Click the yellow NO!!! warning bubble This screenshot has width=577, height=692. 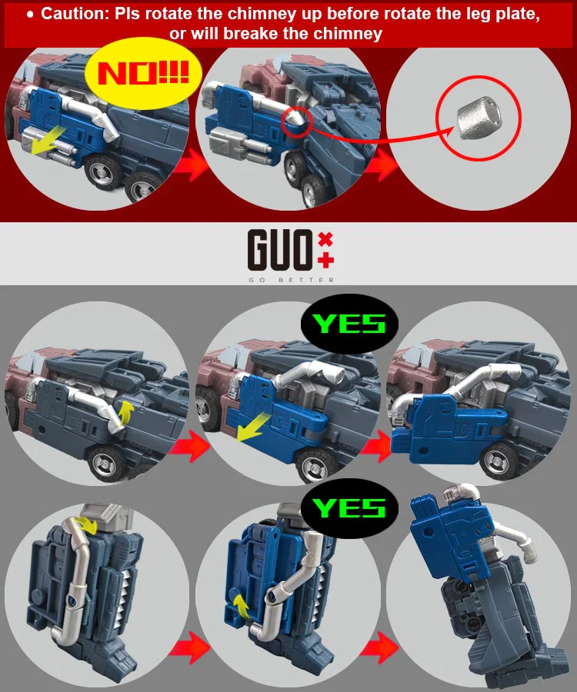(x=143, y=74)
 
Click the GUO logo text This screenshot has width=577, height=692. (x=279, y=249)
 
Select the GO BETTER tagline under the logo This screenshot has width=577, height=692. (x=292, y=280)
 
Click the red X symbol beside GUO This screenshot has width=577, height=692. (x=325, y=239)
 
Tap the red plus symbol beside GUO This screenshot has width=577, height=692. (x=325, y=261)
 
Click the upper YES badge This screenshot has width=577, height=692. (x=349, y=324)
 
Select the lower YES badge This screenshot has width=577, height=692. (x=349, y=508)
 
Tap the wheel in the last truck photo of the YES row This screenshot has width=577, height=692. (x=501, y=462)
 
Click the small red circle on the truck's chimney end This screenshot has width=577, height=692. (x=296, y=121)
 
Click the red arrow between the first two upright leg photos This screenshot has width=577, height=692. (x=189, y=647)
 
